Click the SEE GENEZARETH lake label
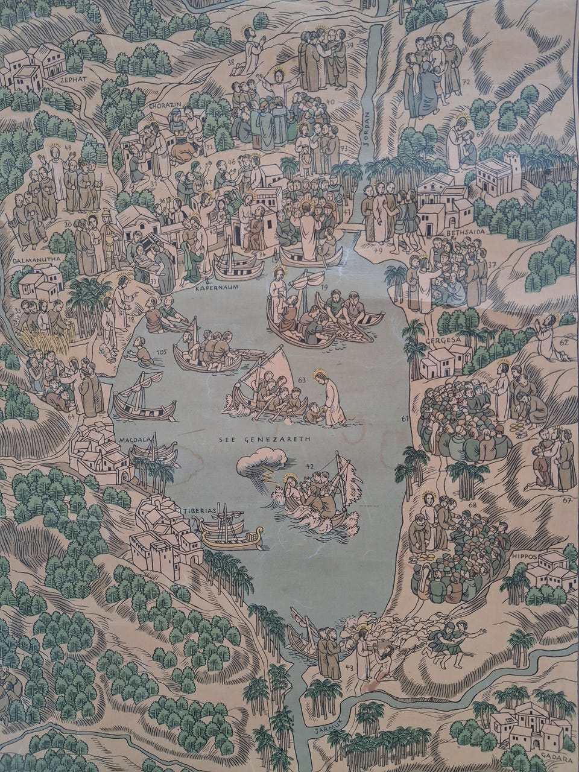pos(264,440)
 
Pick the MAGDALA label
pos(134,440)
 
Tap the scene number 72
pos(465,81)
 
